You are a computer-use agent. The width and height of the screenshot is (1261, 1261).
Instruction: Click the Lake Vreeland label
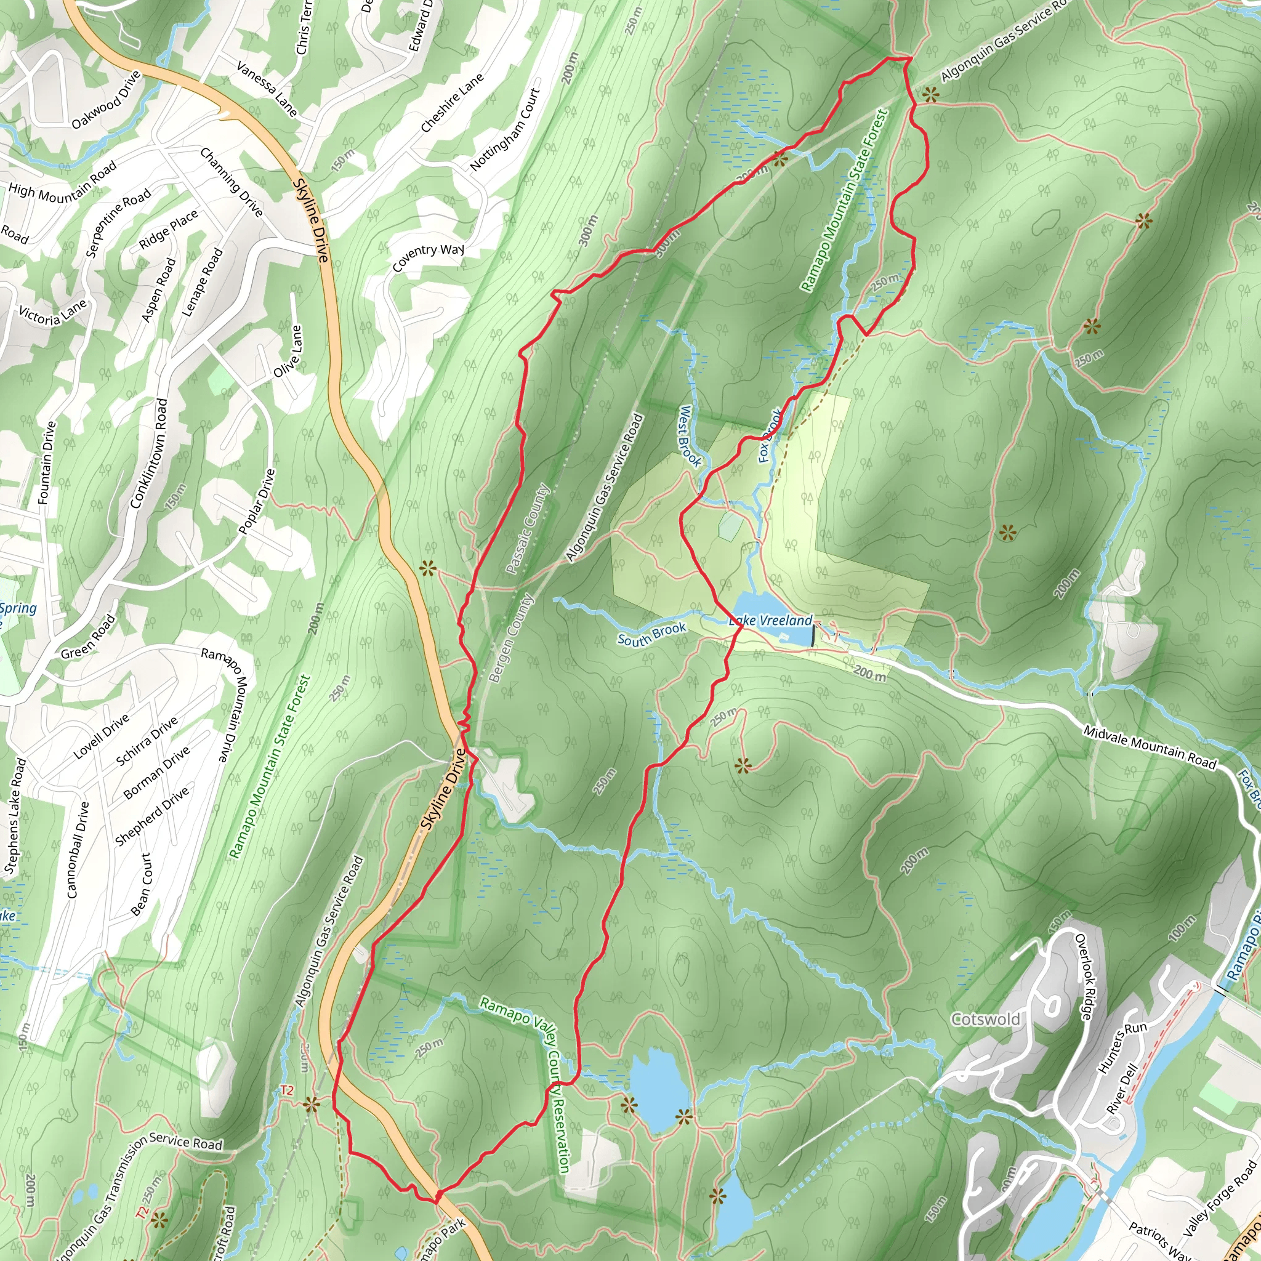point(771,620)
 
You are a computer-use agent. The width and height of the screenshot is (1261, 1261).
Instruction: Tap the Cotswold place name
point(986,1019)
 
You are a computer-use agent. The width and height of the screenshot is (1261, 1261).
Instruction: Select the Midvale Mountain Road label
point(1150,747)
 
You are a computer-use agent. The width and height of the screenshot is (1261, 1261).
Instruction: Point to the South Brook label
point(651,634)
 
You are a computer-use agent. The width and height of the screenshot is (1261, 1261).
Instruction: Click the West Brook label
point(689,437)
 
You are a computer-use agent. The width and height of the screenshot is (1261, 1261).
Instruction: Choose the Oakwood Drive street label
point(107,100)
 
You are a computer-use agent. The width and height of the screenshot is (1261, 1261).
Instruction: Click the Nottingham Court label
point(505,129)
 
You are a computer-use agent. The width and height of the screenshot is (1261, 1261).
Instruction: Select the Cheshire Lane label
point(453,102)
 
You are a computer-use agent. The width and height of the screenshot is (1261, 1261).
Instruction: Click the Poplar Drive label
point(257,501)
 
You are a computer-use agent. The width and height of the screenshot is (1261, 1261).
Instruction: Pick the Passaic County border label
point(528,529)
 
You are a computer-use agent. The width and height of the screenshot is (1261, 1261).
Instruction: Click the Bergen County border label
point(511,638)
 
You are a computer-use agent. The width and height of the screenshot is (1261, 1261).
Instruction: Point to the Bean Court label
point(141,884)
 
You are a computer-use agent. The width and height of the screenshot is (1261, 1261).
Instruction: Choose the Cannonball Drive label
point(78,849)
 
